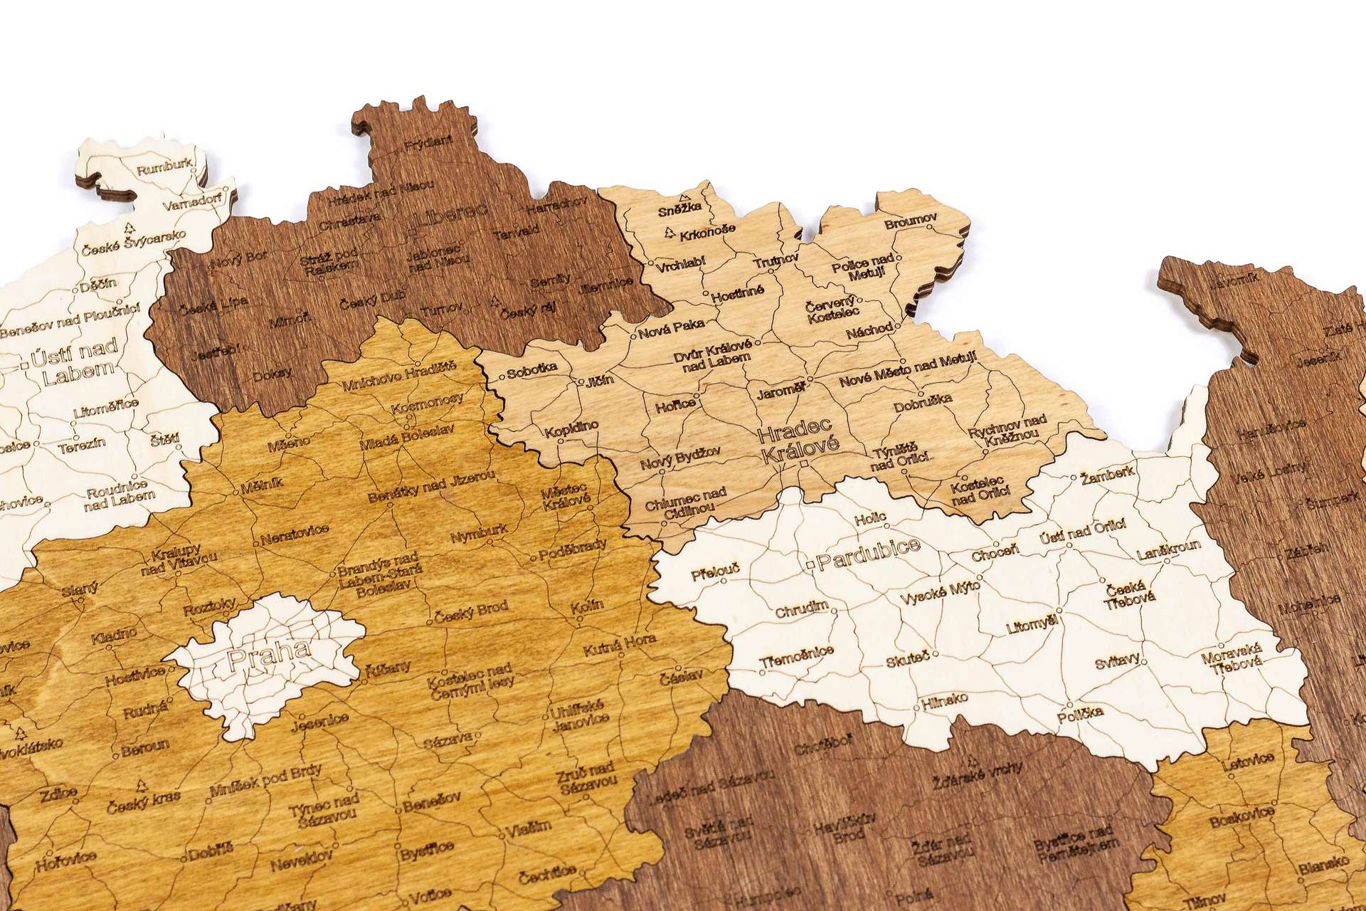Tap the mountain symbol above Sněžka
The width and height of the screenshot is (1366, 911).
pyautogui.click(x=684, y=197)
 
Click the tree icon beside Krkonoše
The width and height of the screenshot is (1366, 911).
pyautogui.click(x=669, y=232)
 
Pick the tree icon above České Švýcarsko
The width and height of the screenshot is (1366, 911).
pyautogui.click(x=129, y=228)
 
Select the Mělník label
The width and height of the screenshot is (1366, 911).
pyautogui.click(x=262, y=483)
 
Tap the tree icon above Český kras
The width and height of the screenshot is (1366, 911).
pyautogui.click(x=141, y=786)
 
